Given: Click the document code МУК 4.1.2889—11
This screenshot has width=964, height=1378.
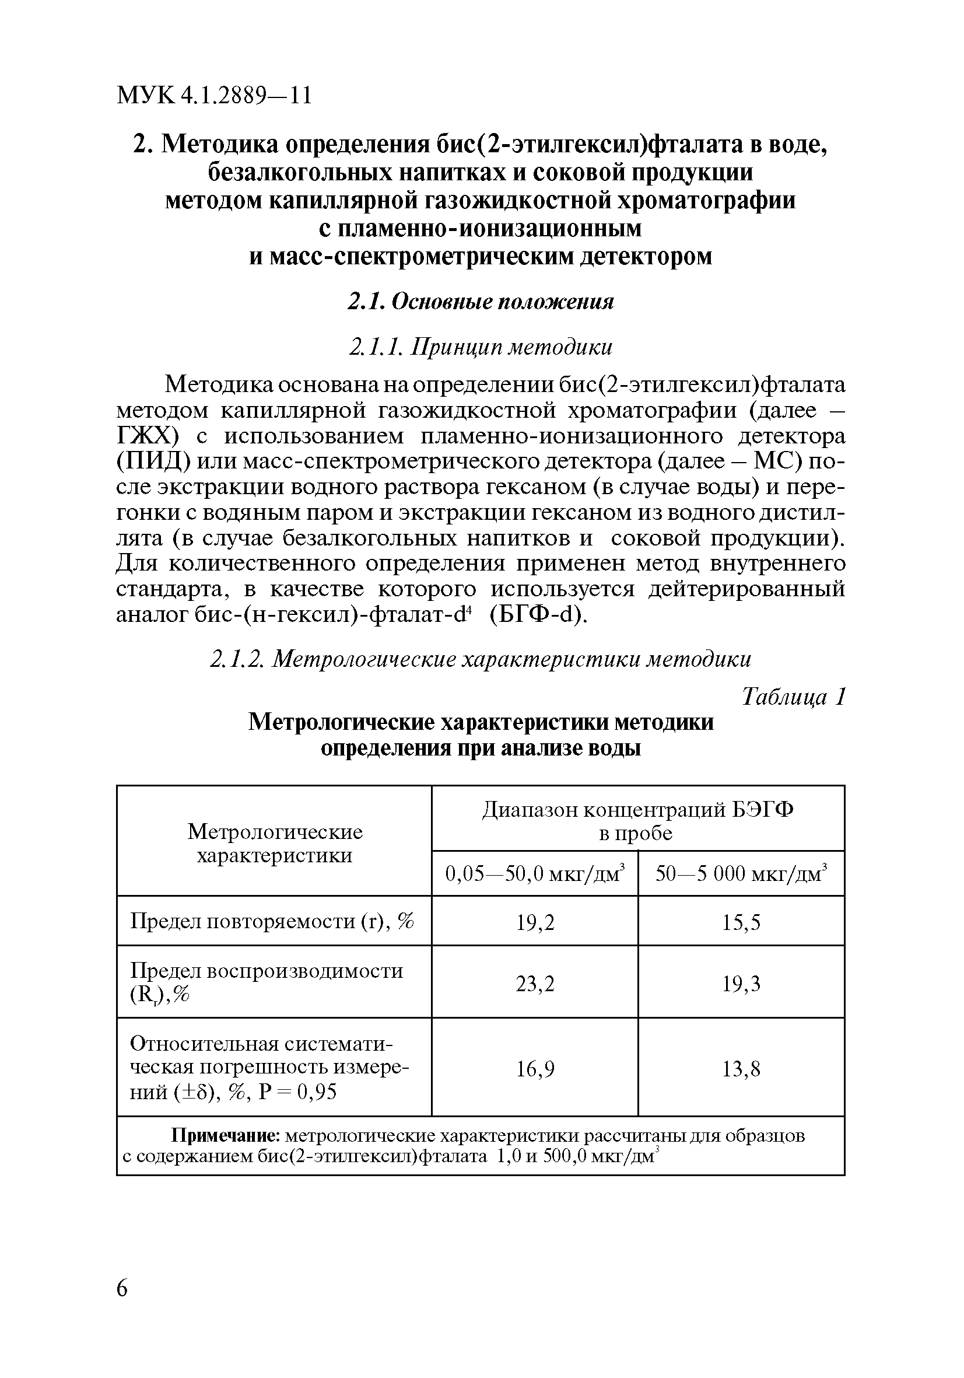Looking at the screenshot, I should [x=214, y=96].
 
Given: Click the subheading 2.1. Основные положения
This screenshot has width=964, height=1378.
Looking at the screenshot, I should [x=481, y=301].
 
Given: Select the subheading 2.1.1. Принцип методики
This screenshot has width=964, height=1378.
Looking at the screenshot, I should [x=481, y=348].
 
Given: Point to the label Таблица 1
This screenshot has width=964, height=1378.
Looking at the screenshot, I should [x=793, y=697].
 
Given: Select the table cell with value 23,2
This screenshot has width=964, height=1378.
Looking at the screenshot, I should [x=535, y=984].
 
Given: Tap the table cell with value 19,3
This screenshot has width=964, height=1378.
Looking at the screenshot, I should [x=741, y=984].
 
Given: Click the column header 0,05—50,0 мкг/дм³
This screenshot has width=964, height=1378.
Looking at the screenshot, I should [x=535, y=874].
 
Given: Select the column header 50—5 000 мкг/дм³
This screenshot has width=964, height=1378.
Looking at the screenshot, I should [x=741, y=874].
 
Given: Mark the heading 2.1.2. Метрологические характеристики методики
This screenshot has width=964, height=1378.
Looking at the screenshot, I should [x=481, y=660].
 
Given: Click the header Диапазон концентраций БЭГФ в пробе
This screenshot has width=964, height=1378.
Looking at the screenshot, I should [x=637, y=821].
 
